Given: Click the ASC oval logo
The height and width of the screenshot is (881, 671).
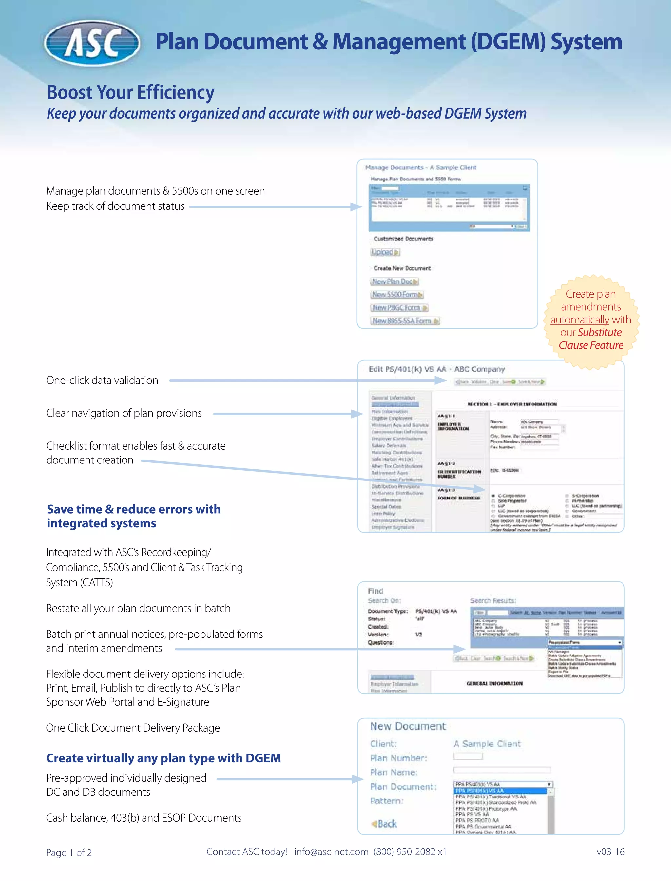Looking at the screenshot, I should (x=92, y=43).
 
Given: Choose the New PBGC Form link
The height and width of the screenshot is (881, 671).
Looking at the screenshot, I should (x=399, y=308).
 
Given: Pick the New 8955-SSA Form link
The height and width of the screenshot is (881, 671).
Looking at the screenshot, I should (x=404, y=321).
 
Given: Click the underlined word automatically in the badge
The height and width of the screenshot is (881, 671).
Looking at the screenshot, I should (x=580, y=320).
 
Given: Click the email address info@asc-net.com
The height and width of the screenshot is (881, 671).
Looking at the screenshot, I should (x=331, y=852).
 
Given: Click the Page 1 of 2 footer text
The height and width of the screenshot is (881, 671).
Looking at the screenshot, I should (x=69, y=852).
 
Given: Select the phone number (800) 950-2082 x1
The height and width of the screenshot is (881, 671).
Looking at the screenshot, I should (x=410, y=852).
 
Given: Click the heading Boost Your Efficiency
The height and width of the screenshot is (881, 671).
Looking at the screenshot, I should (x=131, y=92).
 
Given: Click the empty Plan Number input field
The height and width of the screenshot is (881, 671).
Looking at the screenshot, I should (x=468, y=756).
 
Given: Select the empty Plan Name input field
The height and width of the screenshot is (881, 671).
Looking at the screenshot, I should (x=502, y=770).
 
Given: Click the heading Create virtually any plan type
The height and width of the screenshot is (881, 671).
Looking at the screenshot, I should (x=163, y=758).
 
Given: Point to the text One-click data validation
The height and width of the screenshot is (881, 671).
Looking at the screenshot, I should (x=102, y=381).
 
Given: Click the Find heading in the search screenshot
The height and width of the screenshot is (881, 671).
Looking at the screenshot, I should (x=375, y=591).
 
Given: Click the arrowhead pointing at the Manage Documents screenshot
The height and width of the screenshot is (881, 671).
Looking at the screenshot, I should (x=356, y=206).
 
